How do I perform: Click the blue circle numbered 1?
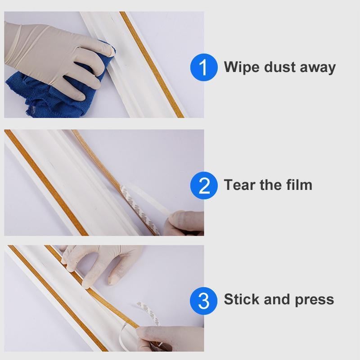(x=204, y=67)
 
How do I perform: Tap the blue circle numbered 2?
(x=204, y=185)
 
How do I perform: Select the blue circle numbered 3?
(x=204, y=300)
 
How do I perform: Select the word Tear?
(x=240, y=184)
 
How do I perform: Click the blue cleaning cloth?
(x=40, y=92)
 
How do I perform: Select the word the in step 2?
(x=271, y=184)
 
